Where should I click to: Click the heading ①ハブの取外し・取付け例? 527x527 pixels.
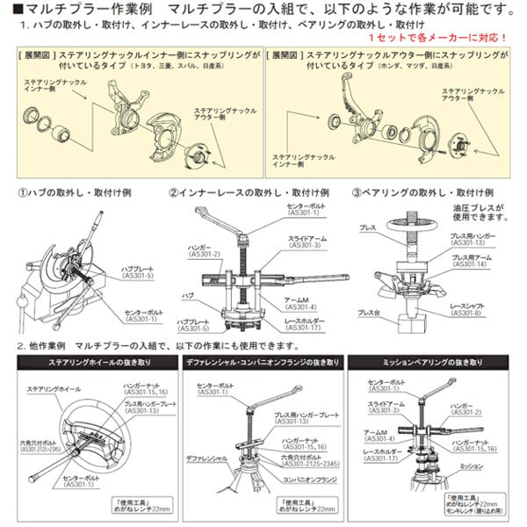coord(77,191)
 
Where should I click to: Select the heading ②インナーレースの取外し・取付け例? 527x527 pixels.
coord(249,191)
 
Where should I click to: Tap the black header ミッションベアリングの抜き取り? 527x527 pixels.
coord(431,362)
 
